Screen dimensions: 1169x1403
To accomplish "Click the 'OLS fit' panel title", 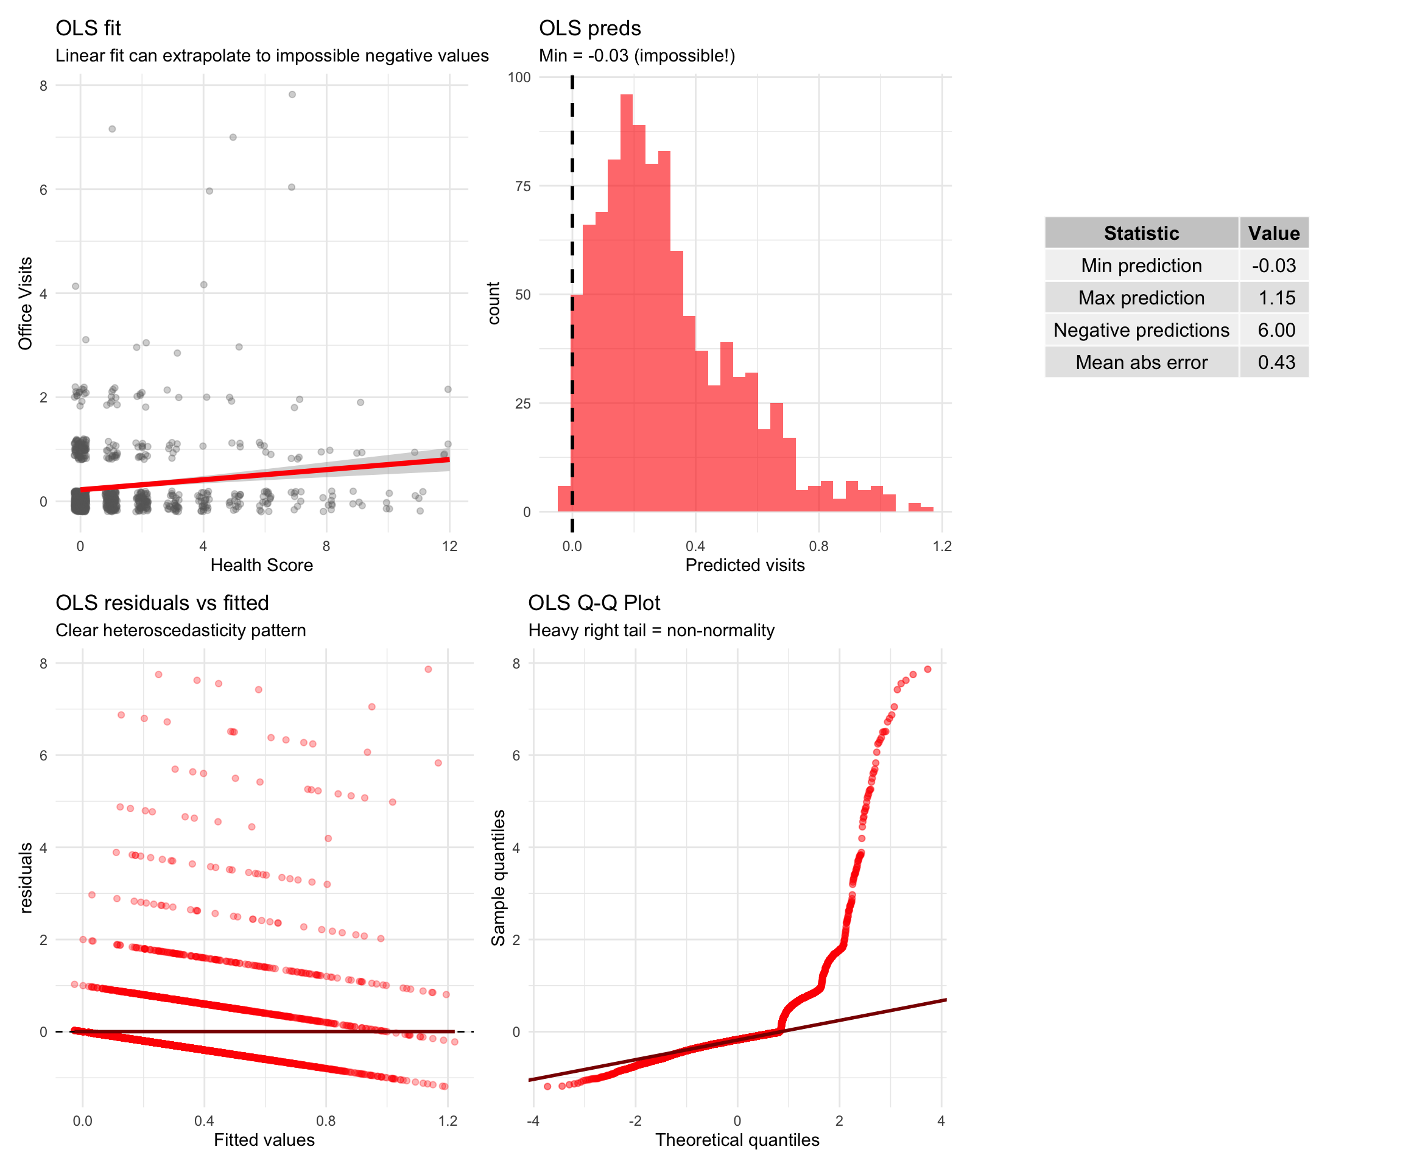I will click(88, 28).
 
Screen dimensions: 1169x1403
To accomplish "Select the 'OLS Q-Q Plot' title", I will click(593, 603).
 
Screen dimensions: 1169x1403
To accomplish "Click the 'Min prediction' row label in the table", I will click(1141, 265).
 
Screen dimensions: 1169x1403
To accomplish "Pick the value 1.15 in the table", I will click(1276, 297).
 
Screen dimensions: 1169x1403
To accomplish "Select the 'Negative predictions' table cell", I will click(1141, 330).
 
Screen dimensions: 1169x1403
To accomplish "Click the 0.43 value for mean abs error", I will click(1276, 362).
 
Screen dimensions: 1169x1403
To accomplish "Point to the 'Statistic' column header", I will click(1141, 233).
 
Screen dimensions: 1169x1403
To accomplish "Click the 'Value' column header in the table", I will click(1273, 233).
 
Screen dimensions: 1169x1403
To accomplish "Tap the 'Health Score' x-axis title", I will click(261, 565).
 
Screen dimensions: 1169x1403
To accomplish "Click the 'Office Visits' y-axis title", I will click(26, 303).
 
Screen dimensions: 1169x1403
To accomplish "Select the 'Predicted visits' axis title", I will click(744, 565).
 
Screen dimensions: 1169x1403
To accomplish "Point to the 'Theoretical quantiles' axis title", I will click(737, 1140).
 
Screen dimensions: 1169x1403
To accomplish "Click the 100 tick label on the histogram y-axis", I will click(519, 77).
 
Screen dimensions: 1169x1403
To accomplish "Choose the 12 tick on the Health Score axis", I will click(449, 546).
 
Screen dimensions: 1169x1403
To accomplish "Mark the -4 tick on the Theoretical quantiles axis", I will click(533, 1121).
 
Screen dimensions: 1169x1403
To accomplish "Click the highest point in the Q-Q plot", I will click(927, 669).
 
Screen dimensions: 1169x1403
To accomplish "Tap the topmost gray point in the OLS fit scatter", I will click(292, 94).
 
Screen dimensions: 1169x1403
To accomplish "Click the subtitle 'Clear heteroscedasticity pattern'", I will click(180, 631).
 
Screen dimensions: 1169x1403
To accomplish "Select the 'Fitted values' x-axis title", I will click(264, 1140).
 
